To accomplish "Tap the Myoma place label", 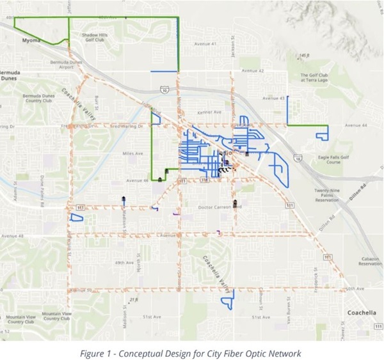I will [x=31, y=40].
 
